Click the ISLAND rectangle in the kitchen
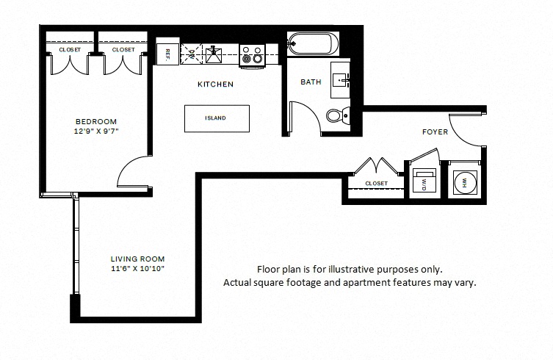pos(217,118)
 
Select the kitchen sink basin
pos(214,54)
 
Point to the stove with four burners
pos(252,55)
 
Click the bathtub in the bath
pos(313,44)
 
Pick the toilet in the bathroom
pos(338,115)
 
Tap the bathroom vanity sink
pos(341,81)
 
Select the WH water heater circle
pos(464,182)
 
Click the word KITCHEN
pos(215,84)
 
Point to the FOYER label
pos(435,132)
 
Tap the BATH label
pos(311,82)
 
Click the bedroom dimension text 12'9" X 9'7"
pos(96,132)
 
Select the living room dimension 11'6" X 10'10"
pos(137,269)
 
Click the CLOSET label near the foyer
pos(376,184)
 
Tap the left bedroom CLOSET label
pos(70,50)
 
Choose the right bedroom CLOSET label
pos(123,50)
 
